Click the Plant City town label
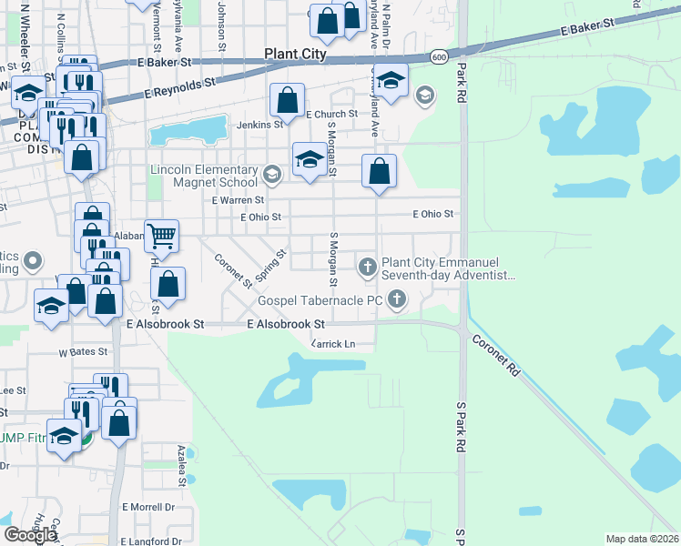[x=295, y=54]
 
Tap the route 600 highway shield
[x=439, y=57]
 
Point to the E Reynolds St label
[x=179, y=88]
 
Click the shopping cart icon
[x=161, y=237]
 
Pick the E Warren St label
[x=237, y=199]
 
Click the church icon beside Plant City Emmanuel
[x=367, y=267]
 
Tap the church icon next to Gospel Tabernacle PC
[x=396, y=298]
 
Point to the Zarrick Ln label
[x=332, y=344]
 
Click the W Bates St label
[x=83, y=351]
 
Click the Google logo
[x=30, y=535]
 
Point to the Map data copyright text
[x=643, y=539]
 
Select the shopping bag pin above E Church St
[x=288, y=98]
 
